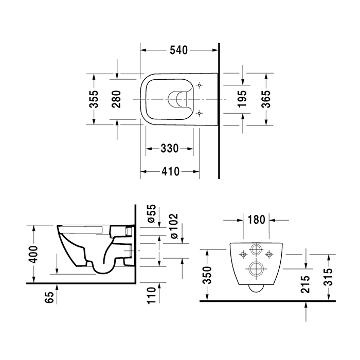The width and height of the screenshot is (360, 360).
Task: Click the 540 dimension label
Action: click(x=178, y=50)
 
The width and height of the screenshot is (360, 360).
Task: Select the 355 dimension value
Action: click(x=94, y=99)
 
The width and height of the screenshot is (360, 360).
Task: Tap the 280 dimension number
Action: click(x=116, y=99)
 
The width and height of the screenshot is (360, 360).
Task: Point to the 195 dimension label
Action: click(x=242, y=99)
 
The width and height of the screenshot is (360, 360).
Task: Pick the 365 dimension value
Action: click(x=266, y=99)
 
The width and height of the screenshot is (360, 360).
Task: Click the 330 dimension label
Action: click(x=169, y=148)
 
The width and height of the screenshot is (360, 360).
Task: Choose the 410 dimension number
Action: click(x=170, y=171)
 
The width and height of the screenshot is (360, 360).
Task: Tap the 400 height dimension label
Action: click(x=34, y=255)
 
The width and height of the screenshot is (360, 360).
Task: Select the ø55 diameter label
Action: click(x=152, y=213)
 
